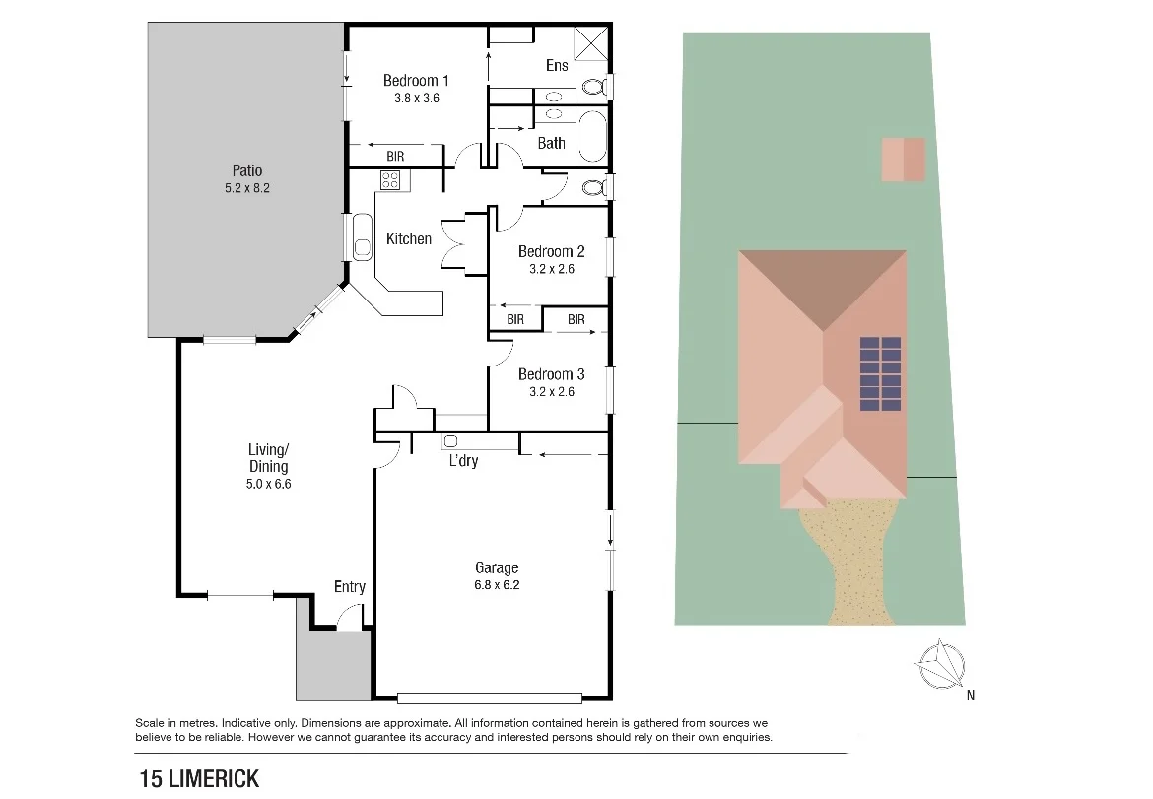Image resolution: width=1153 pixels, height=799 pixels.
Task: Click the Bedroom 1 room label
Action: pos(416,81)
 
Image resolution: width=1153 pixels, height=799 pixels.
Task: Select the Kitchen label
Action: pos(408,238)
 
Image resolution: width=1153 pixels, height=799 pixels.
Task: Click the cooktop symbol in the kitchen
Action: pos(390,180)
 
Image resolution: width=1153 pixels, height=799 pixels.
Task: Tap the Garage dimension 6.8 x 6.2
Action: pos(497,584)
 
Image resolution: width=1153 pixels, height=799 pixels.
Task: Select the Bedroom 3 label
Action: pos(551,374)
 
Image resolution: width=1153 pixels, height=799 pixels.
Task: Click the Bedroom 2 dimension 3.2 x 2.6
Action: pos(551,268)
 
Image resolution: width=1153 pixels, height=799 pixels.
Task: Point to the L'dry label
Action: pos(463,460)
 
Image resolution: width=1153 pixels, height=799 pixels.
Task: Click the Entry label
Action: pos(349,587)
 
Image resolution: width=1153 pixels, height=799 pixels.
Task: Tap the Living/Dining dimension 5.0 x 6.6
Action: pos(268,484)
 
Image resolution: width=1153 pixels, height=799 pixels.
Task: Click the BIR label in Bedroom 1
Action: pos(394,157)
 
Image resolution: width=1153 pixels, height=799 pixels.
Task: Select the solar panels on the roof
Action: pos(880,374)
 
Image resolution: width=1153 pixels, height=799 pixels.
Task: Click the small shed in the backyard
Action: pos(903,160)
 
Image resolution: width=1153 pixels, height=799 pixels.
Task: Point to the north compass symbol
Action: pos(941,665)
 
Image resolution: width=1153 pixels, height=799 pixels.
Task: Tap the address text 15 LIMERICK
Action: pos(199,778)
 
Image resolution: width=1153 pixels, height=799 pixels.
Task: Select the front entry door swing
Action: pos(349,619)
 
